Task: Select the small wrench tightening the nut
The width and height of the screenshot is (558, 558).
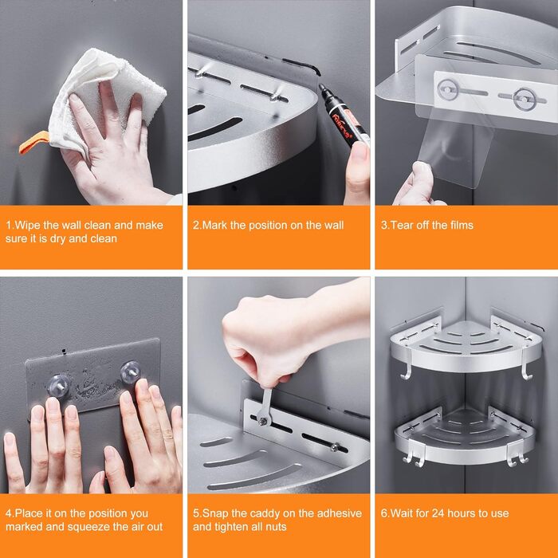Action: [x=265, y=407]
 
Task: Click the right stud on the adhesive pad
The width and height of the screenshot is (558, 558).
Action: [x=130, y=372]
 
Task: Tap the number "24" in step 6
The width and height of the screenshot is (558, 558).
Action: [x=438, y=513]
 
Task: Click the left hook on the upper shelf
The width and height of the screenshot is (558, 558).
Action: [x=407, y=366]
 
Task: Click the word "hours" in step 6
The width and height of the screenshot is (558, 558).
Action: [x=462, y=513]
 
